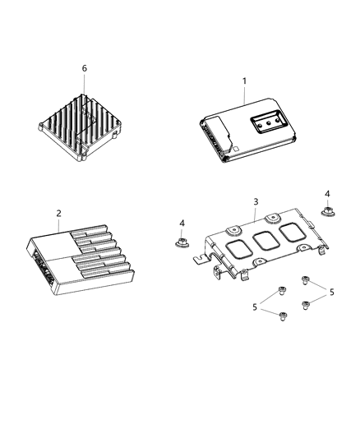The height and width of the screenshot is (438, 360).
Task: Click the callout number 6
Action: click(x=84, y=68)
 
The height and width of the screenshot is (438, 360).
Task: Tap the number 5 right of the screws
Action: click(x=332, y=292)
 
